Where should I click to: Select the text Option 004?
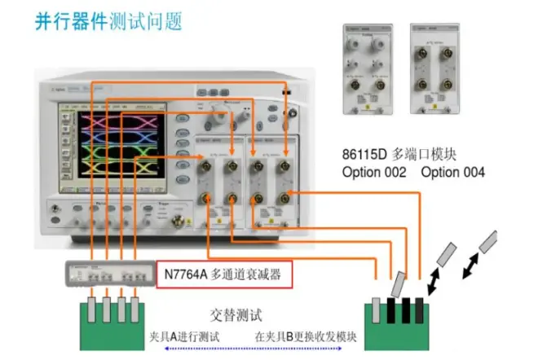[x=453, y=172]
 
